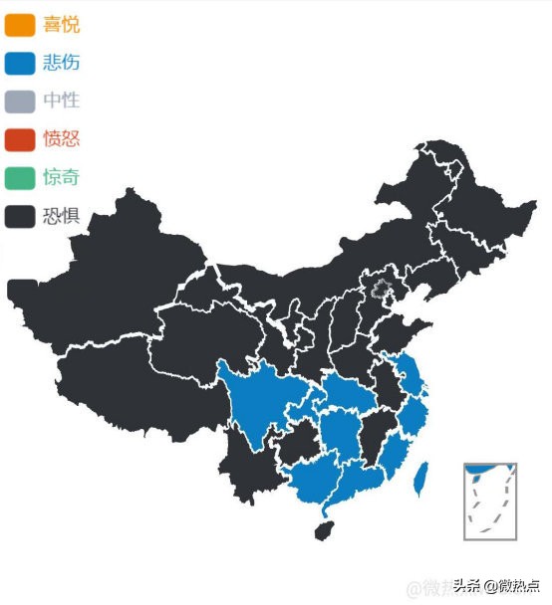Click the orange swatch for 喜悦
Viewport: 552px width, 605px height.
[19, 25]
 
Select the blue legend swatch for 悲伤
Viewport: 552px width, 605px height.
[19, 64]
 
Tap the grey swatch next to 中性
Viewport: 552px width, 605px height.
[19, 101]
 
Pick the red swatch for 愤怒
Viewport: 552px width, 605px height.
[19, 139]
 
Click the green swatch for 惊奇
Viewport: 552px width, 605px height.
[19, 178]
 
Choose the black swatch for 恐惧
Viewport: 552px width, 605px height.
[19, 216]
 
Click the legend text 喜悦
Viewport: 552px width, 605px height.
[61, 25]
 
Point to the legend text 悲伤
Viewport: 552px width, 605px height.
[61, 64]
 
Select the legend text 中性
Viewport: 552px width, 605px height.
[61, 101]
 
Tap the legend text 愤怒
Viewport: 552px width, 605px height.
[61, 139]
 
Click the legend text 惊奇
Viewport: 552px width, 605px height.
[61, 178]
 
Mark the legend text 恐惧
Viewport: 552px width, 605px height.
[61, 216]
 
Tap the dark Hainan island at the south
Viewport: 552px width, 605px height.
[324, 529]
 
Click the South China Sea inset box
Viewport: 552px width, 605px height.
[489, 502]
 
